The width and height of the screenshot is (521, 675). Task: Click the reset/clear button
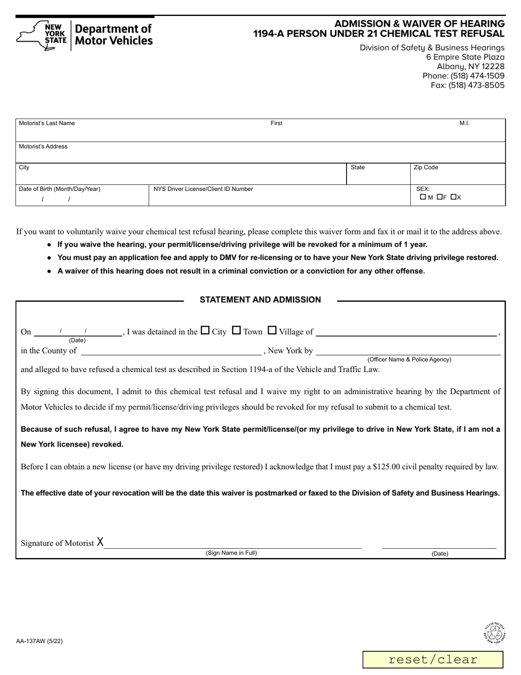(x=433, y=660)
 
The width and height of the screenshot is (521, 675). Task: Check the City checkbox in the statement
(x=205, y=330)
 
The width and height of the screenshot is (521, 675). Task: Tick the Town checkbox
(x=237, y=330)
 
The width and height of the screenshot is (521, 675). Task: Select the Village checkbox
(x=272, y=330)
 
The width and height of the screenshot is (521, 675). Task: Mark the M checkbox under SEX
(x=423, y=197)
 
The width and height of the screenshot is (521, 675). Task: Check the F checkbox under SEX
(x=440, y=197)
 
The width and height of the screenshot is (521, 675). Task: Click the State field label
(x=358, y=167)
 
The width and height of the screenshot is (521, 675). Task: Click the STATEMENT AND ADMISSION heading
(x=260, y=300)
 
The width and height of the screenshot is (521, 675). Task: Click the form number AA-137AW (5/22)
(x=39, y=640)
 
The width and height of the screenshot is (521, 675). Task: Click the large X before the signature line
(x=100, y=542)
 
